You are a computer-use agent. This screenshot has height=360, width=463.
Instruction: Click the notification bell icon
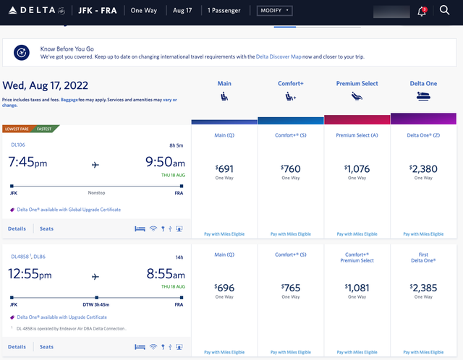(x=422, y=12)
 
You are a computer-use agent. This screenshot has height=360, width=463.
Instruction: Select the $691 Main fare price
(x=224, y=170)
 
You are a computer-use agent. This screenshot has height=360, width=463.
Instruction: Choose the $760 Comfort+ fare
(x=290, y=170)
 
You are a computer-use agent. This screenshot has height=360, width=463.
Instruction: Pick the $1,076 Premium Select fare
(x=357, y=170)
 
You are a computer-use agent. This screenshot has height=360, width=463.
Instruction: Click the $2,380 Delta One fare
(x=423, y=170)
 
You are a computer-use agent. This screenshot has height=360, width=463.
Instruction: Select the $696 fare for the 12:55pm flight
(x=224, y=288)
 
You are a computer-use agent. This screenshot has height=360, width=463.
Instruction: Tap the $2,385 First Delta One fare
(x=423, y=288)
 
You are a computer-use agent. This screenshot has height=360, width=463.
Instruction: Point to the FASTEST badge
(x=44, y=129)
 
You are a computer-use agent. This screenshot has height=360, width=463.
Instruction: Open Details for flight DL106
(x=17, y=228)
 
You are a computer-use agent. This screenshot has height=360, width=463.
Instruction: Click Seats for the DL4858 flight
(x=46, y=347)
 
